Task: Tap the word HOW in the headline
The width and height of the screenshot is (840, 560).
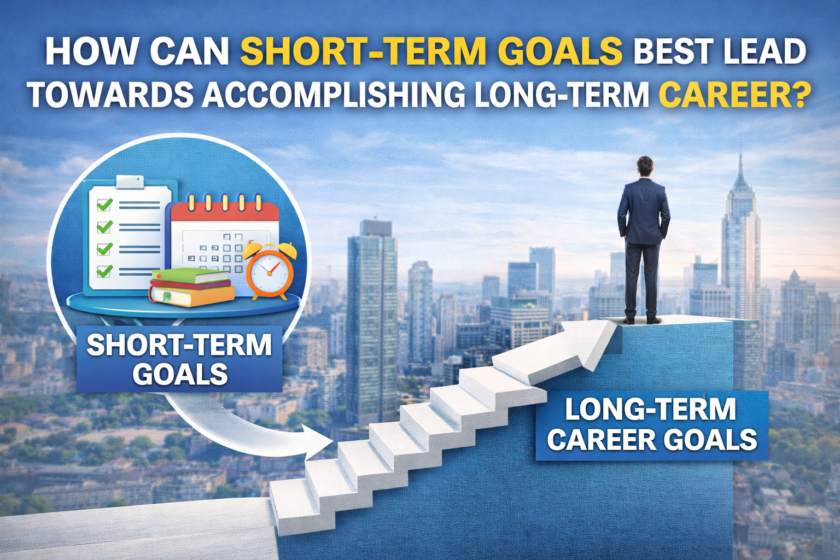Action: click(x=91, y=51)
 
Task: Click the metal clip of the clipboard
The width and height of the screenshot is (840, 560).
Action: click(x=129, y=182)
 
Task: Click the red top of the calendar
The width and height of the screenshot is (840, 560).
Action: click(x=225, y=211)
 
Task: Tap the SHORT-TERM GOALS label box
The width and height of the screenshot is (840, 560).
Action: click(x=179, y=359)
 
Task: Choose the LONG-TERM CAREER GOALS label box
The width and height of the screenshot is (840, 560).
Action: click(x=651, y=425)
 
